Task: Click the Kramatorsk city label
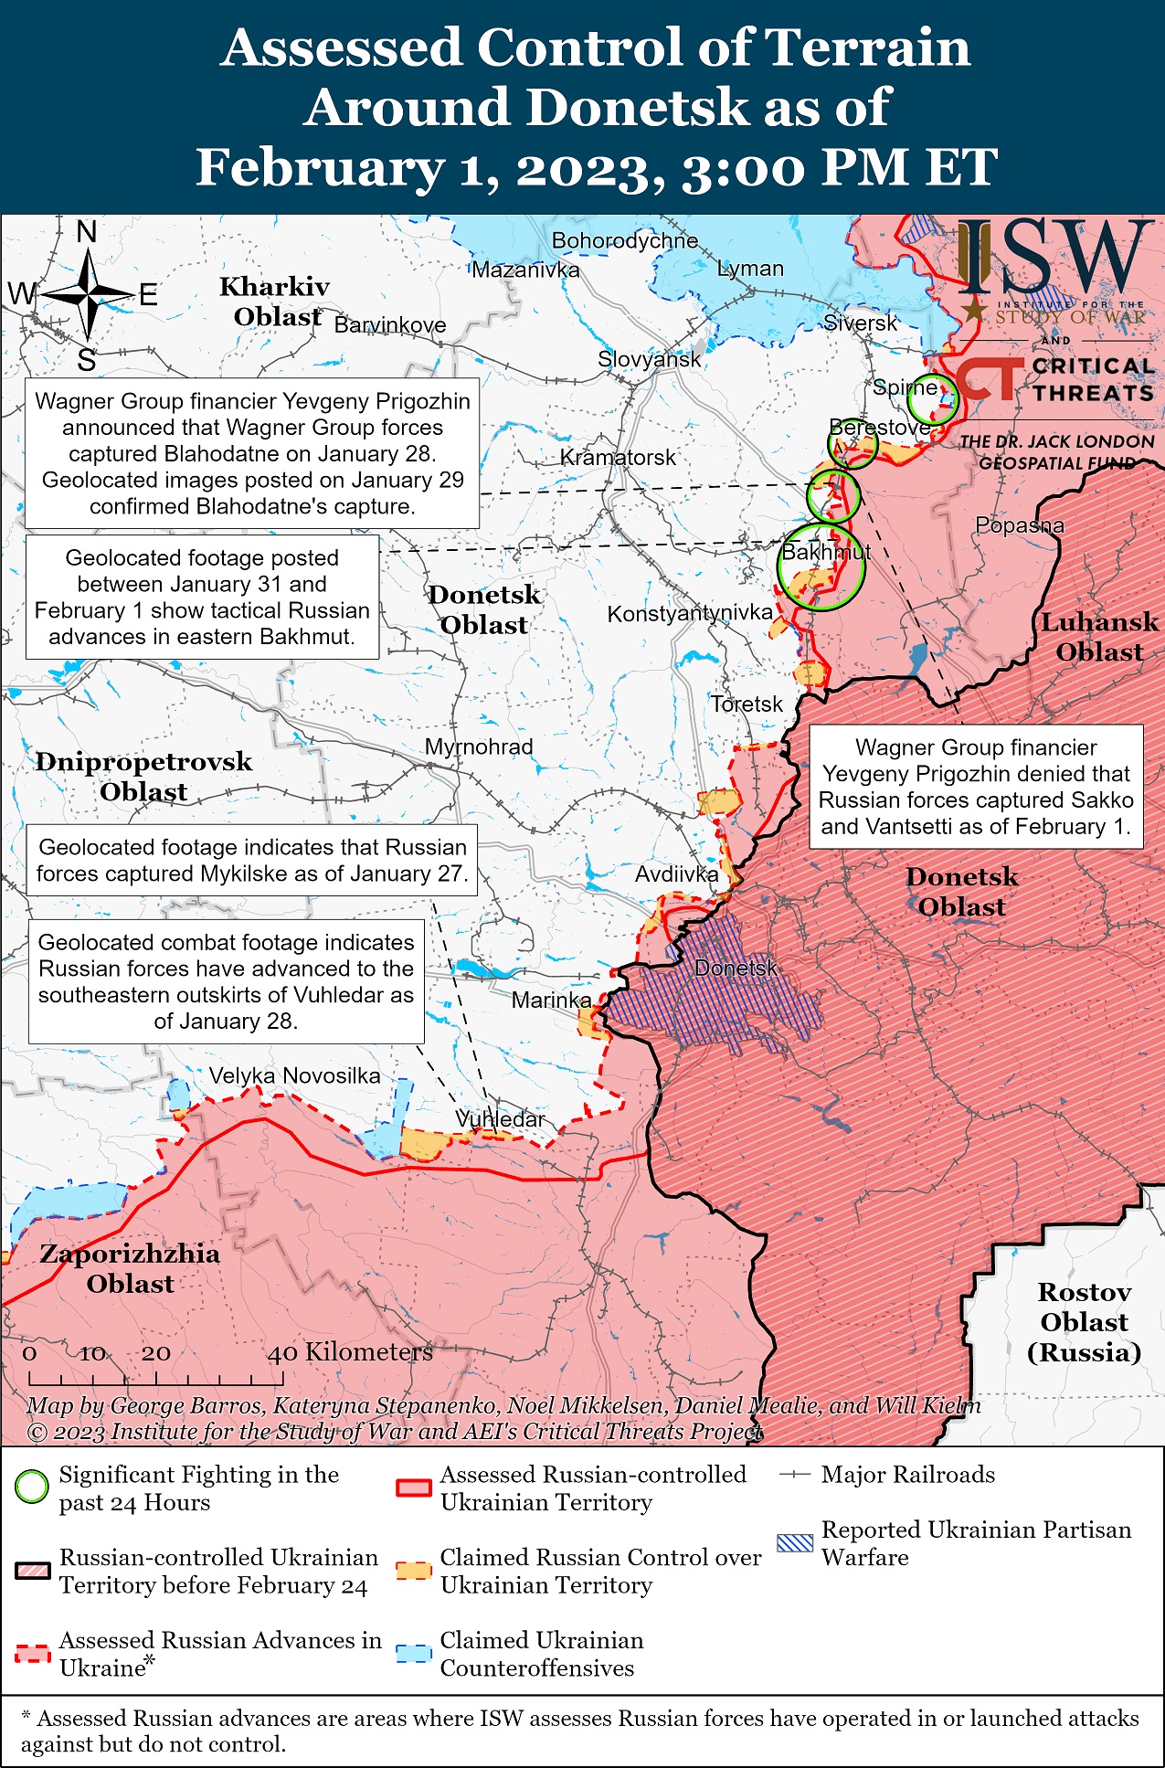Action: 618,457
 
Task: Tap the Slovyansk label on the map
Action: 649,359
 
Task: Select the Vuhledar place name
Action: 500,1118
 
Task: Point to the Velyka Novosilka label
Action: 294,1075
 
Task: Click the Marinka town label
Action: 551,1000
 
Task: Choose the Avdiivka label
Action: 676,874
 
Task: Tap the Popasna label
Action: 1020,525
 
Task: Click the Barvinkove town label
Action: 390,325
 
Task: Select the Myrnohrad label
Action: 479,746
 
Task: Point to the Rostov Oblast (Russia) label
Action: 1084,1322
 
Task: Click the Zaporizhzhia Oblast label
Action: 130,1268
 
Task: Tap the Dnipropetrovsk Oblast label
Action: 143,776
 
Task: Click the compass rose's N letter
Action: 87,232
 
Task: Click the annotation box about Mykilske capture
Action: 251,860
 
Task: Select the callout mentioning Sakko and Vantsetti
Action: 975,787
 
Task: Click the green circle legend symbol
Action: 32,1487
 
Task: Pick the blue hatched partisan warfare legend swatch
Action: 794,1543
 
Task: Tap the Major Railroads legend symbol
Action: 795,1475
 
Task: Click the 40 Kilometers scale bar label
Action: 349,1352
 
